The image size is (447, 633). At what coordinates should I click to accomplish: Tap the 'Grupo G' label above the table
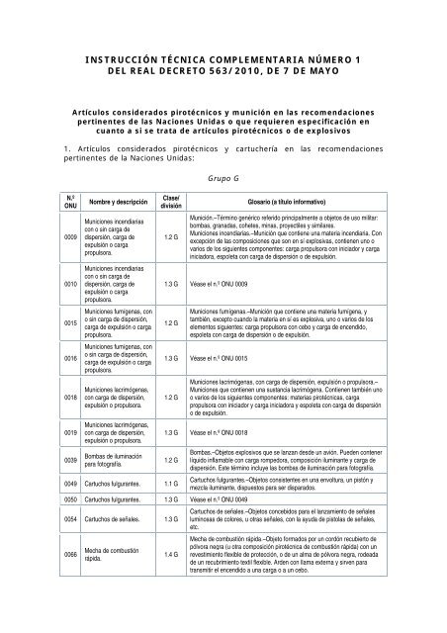coord(223,180)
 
